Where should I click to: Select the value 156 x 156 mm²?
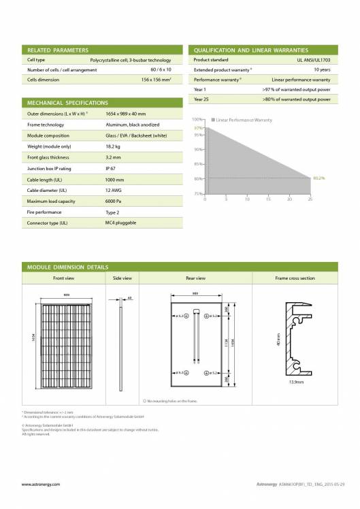click(161, 80)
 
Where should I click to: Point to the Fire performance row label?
click(44, 213)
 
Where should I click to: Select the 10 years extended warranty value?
click(322, 70)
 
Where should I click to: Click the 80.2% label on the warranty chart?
click(318, 178)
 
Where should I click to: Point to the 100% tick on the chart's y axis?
click(198, 120)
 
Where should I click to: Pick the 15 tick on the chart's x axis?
click(268, 199)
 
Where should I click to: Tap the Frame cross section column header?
click(295, 278)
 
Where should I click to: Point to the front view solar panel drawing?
click(61, 348)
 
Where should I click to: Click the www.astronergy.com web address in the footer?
click(41, 485)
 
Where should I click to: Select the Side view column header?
click(122, 278)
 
